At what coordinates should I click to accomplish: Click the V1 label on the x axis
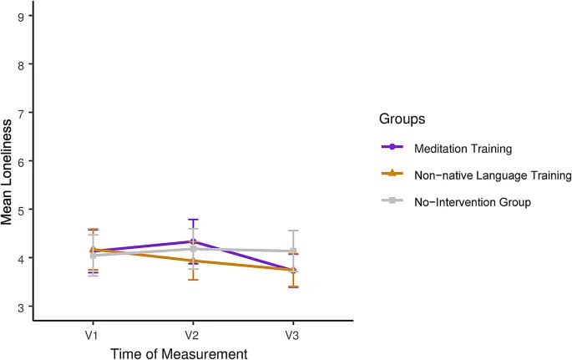coord(94,335)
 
